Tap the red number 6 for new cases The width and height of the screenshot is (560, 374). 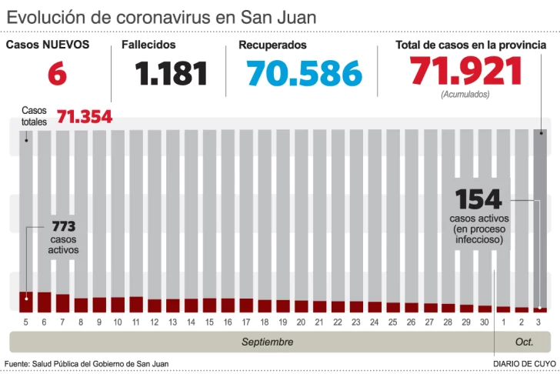(58, 74)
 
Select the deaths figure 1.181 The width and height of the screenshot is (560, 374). (172, 74)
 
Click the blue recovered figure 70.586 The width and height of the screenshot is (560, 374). (304, 74)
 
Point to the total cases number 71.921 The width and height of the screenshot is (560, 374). (466, 72)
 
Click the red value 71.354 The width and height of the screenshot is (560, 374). (85, 117)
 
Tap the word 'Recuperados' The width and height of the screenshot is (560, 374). (272, 45)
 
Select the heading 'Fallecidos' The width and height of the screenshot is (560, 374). (148, 45)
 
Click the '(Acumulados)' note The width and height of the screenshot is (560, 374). (465, 94)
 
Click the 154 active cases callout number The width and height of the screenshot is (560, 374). (478, 200)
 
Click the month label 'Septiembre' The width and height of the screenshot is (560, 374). (267, 341)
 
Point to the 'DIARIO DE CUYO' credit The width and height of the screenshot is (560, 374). (525, 363)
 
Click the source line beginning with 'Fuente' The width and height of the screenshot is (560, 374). (86, 363)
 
